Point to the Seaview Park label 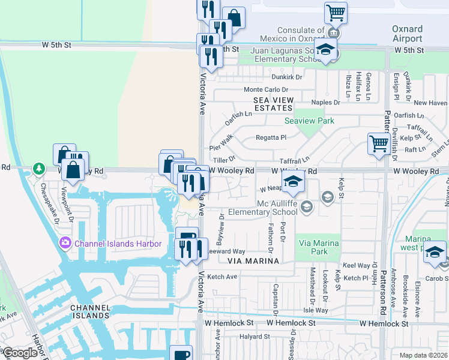point(309,121)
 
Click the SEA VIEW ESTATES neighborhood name point(273,104)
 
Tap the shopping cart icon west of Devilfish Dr point(379,145)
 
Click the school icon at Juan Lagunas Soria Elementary point(325,50)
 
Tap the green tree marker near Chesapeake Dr point(39,170)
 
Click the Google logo point(19,353)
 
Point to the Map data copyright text point(423,355)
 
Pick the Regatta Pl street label point(271,137)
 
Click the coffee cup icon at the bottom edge point(181,354)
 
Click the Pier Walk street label point(220,146)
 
